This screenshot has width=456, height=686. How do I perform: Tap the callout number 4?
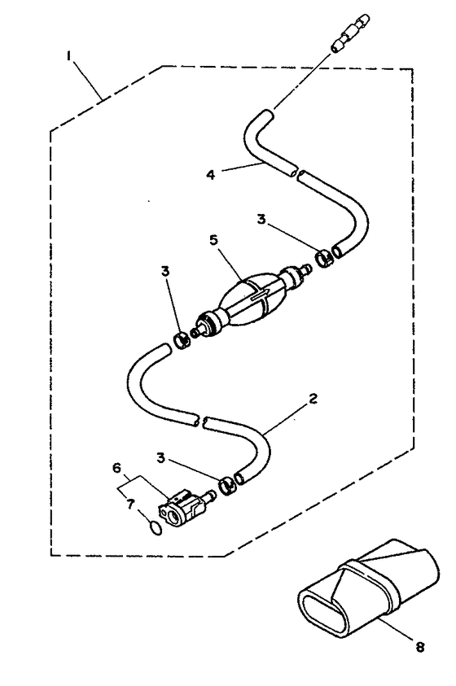pos(211,175)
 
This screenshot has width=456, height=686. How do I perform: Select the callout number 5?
pos(214,240)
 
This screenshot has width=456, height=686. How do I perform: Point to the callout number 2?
pos(313,399)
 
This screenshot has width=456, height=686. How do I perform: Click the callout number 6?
pos(116,468)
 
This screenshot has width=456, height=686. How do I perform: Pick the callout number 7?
pos(129,504)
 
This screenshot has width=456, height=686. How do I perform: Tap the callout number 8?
pos(420,647)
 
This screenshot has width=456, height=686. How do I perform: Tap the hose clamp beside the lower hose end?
pos(226,485)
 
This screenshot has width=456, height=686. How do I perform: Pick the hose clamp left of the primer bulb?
pos(182,340)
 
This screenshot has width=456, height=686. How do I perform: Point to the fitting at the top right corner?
pos(350,33)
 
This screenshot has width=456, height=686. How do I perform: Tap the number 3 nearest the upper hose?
pos(261,219)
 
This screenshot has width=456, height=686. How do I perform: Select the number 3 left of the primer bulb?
pos(165,271)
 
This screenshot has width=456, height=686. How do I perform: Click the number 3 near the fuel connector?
pos(161,458)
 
